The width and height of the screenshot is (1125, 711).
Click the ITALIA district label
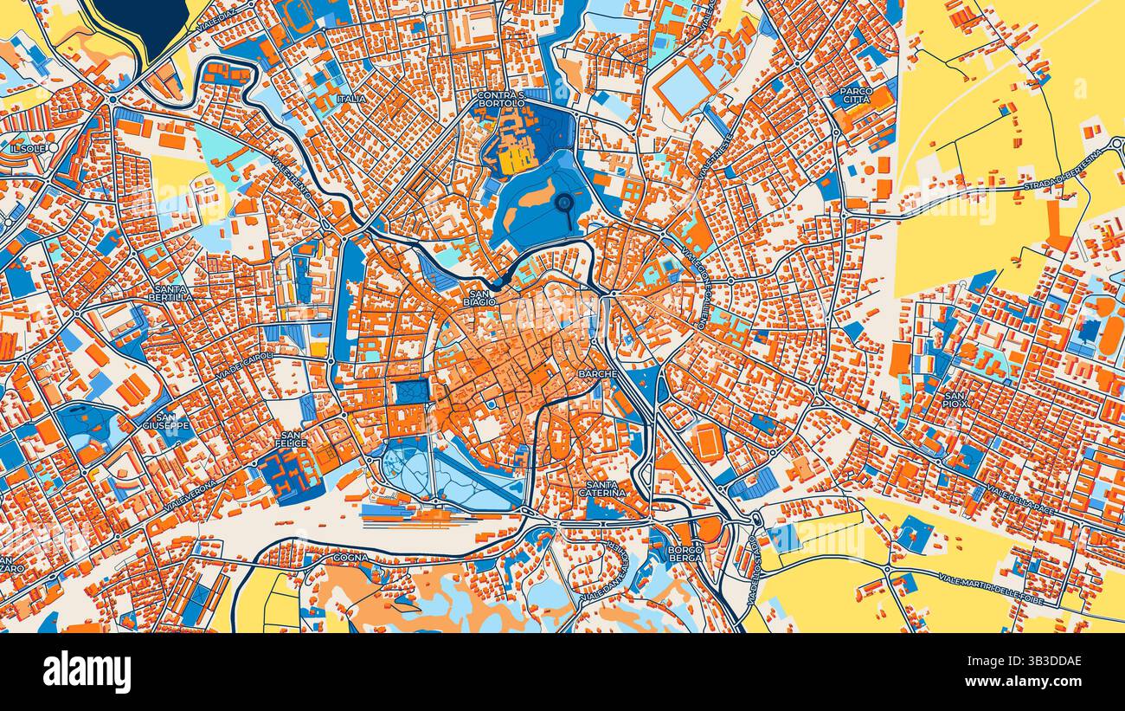(x=351, y=99)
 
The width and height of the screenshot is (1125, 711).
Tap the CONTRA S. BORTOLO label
(x=501, y=100)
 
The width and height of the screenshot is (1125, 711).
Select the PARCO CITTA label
(x=855, y=94)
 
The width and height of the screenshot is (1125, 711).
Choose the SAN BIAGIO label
(x=478, y=298)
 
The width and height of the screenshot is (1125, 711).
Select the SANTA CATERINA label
(x=606, y=488)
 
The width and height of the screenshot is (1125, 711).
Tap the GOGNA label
(x=350, y=558)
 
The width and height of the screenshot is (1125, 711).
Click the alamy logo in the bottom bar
(x=87, y=671)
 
